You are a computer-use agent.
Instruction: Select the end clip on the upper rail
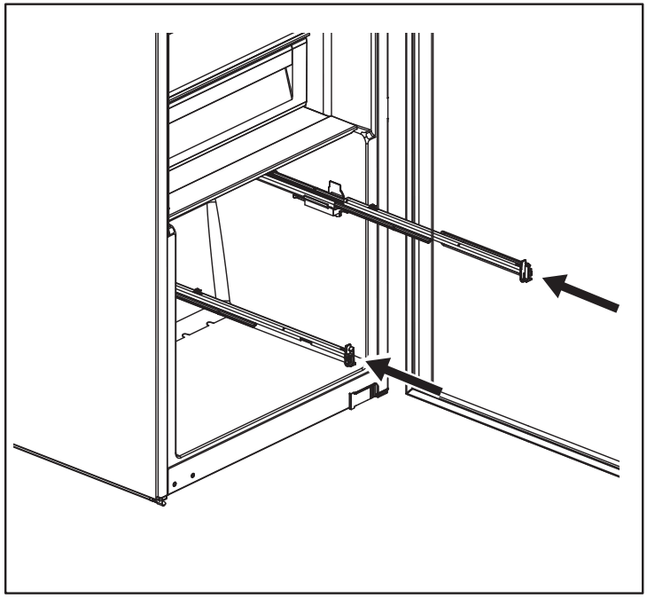[526, 271]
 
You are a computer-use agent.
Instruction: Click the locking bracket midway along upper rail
[323, 200]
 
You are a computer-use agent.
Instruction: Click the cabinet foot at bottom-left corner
[160, 500]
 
